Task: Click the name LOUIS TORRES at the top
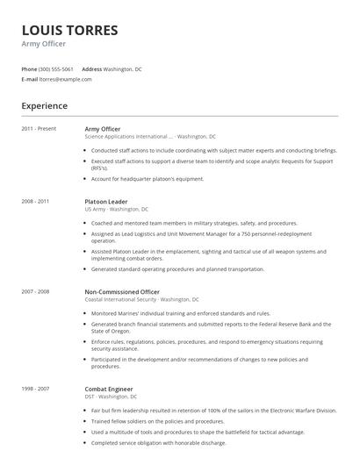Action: (x=69, y=30)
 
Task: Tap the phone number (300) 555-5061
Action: (x=56, y=68)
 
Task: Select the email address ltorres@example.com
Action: (x=65, y=79)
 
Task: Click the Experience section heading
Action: (x=45, y=105)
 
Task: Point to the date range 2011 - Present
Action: (x=39, y=129)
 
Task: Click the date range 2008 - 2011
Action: (x=37, y=202)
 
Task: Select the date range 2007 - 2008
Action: (x=37, y=290)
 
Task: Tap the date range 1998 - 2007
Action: (x=37, y=387)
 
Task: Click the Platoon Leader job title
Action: (x=106, y=202)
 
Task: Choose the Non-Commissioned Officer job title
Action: (x=122, y=290)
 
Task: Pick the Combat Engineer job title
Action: (x=109, y=387)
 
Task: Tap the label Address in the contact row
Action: (x=91, y=68)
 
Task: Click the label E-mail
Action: (x=30, y=79)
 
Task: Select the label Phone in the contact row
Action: (x=29, y=68)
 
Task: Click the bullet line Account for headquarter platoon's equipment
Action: (x=148, y=179)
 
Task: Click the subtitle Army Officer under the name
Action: (x=43, y=44)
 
